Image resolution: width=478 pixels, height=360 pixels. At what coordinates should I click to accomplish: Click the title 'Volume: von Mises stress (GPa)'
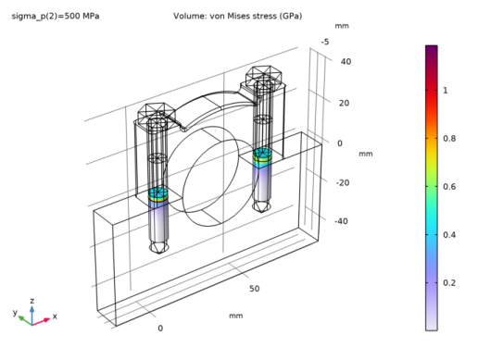click(237, 16)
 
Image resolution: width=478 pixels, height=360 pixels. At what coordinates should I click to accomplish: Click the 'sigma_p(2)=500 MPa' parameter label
click(56, 16)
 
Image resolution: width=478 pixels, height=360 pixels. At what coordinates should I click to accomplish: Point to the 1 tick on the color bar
click(445, 91)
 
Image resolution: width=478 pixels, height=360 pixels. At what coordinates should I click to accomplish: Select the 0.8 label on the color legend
click(449, 139)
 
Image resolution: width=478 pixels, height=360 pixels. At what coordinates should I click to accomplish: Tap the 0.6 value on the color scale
click(449, 187)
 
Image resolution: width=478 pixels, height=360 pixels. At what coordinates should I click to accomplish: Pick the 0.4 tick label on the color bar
click(449, 235)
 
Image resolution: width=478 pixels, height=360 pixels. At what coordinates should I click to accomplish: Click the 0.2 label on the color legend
click(449, 283)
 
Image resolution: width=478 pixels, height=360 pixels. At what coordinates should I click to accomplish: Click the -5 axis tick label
click(325, 42)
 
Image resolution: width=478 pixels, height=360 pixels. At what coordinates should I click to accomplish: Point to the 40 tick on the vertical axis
click(346, 62)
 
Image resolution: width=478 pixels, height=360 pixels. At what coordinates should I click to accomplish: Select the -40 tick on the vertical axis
click(341, 221)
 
